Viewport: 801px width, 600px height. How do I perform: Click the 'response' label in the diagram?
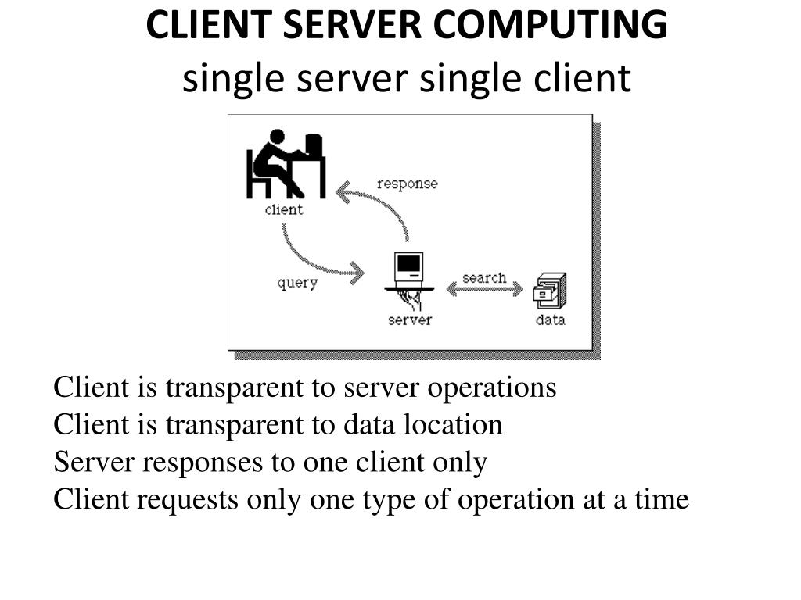click(407, 184)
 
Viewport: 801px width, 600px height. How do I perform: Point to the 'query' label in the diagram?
click(297, 282)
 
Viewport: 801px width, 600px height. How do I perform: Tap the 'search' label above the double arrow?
click(484, 277)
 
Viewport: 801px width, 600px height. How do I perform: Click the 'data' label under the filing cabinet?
click(550, 320)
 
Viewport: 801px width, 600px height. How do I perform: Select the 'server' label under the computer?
click(409, 320)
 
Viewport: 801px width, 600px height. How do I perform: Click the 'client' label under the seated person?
click(284, 209)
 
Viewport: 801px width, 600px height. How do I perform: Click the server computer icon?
click(409, 270)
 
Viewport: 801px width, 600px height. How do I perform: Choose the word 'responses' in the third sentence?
click(206, 462)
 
